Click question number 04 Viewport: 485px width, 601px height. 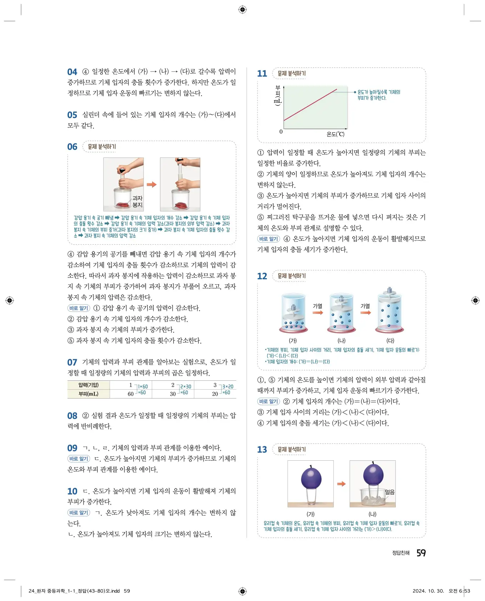(x=72, y=72)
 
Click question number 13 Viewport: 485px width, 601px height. (x=262, y=449)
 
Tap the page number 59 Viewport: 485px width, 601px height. (x=421, y=553)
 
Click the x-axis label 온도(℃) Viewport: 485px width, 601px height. (x=335, y=134)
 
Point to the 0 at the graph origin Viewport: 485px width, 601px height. (x=281, y=132)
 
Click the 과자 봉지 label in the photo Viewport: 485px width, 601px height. (x=137, y=201)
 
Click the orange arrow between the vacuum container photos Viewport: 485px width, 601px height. (x=152, y=184)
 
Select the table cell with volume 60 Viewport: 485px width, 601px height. (x=131, y=394)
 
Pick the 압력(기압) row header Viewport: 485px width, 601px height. (x=89, y=385)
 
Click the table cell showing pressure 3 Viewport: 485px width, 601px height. (x=215, y=385)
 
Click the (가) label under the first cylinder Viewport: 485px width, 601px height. (x=293, y=341)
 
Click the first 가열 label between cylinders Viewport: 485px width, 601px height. (x=317, y=306)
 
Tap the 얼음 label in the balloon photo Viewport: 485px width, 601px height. (x=390, y=492)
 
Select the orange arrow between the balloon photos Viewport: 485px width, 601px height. (x=341, y=484)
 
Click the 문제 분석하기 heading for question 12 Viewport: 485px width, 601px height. (x=291, y=276)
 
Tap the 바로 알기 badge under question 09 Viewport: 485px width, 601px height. (x=79, y=459)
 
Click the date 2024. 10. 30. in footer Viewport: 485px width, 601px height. (x=428, y=591)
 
